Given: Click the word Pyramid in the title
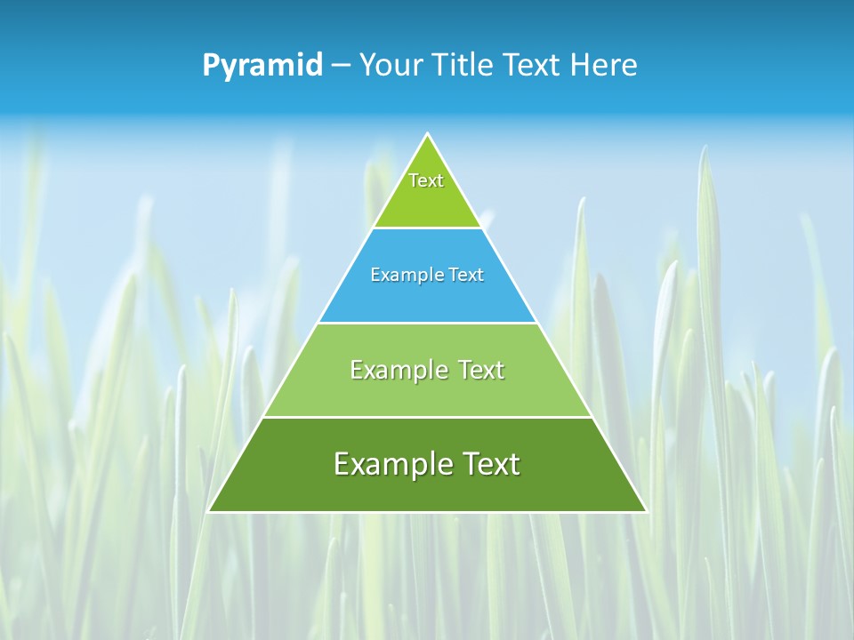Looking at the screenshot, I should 262,66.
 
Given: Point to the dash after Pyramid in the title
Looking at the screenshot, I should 341,66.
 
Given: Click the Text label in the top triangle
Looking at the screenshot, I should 426,180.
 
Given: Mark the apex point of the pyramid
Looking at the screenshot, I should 428,134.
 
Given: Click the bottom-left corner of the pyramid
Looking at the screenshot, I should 209,511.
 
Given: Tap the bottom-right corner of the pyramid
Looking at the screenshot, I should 646,511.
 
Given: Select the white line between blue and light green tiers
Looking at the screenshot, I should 428,323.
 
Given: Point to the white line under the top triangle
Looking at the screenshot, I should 428,228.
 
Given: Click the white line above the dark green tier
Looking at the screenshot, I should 428,417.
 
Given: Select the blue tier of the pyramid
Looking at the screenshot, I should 428,298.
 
